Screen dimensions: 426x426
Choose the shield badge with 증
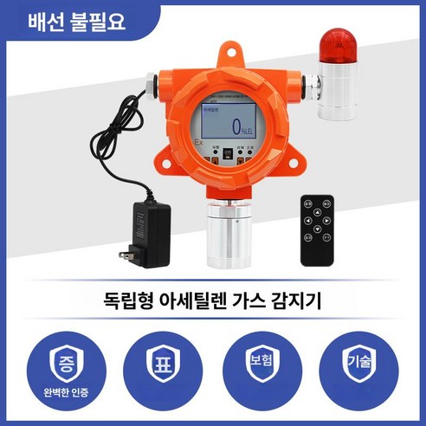click(64, 363)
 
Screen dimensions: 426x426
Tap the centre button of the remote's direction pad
click(318, 220)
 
